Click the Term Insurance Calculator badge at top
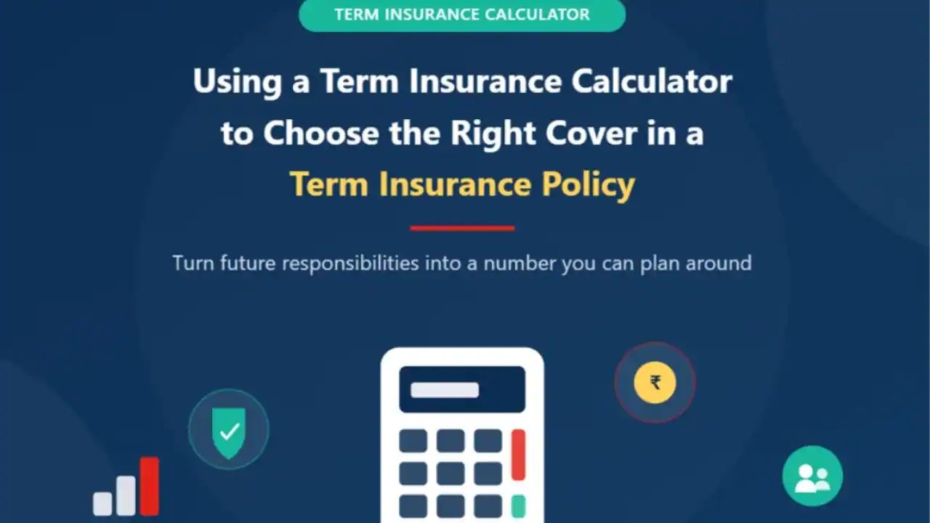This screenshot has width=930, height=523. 462,15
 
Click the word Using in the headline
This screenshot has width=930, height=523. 238,83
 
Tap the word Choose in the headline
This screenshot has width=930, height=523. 321,133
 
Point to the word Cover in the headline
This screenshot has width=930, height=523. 591,133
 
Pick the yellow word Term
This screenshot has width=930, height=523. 329,184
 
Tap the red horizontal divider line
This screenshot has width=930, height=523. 462,228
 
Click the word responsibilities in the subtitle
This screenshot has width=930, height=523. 350,264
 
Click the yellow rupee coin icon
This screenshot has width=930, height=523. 655,382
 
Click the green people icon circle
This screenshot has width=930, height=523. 812,476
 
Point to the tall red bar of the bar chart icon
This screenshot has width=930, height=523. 150,486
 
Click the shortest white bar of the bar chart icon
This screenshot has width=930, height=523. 102,503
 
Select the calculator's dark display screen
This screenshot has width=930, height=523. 462,389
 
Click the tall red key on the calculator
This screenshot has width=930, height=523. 519,455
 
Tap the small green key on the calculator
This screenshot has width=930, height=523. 519,506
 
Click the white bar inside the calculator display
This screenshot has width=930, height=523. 445,390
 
